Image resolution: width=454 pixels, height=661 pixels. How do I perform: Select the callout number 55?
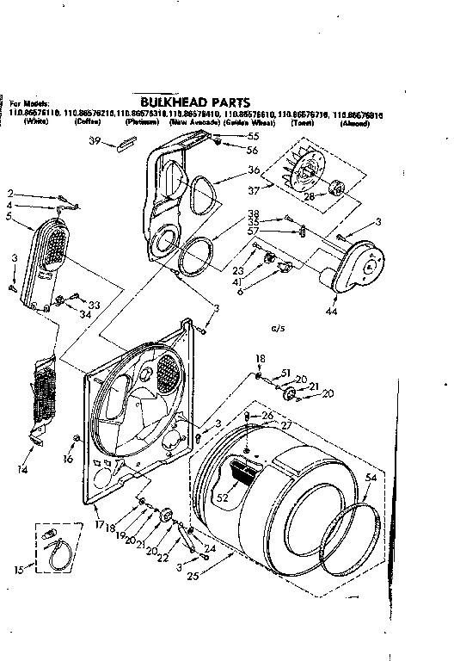[253, 137]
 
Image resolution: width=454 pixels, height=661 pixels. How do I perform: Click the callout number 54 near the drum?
[371, 477]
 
